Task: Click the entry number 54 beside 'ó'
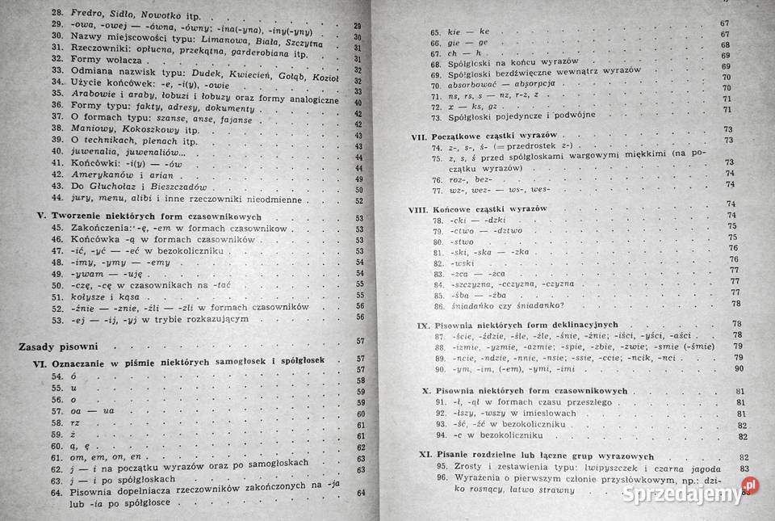(x=57, y=376)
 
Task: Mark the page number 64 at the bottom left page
(x=360, y=494)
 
